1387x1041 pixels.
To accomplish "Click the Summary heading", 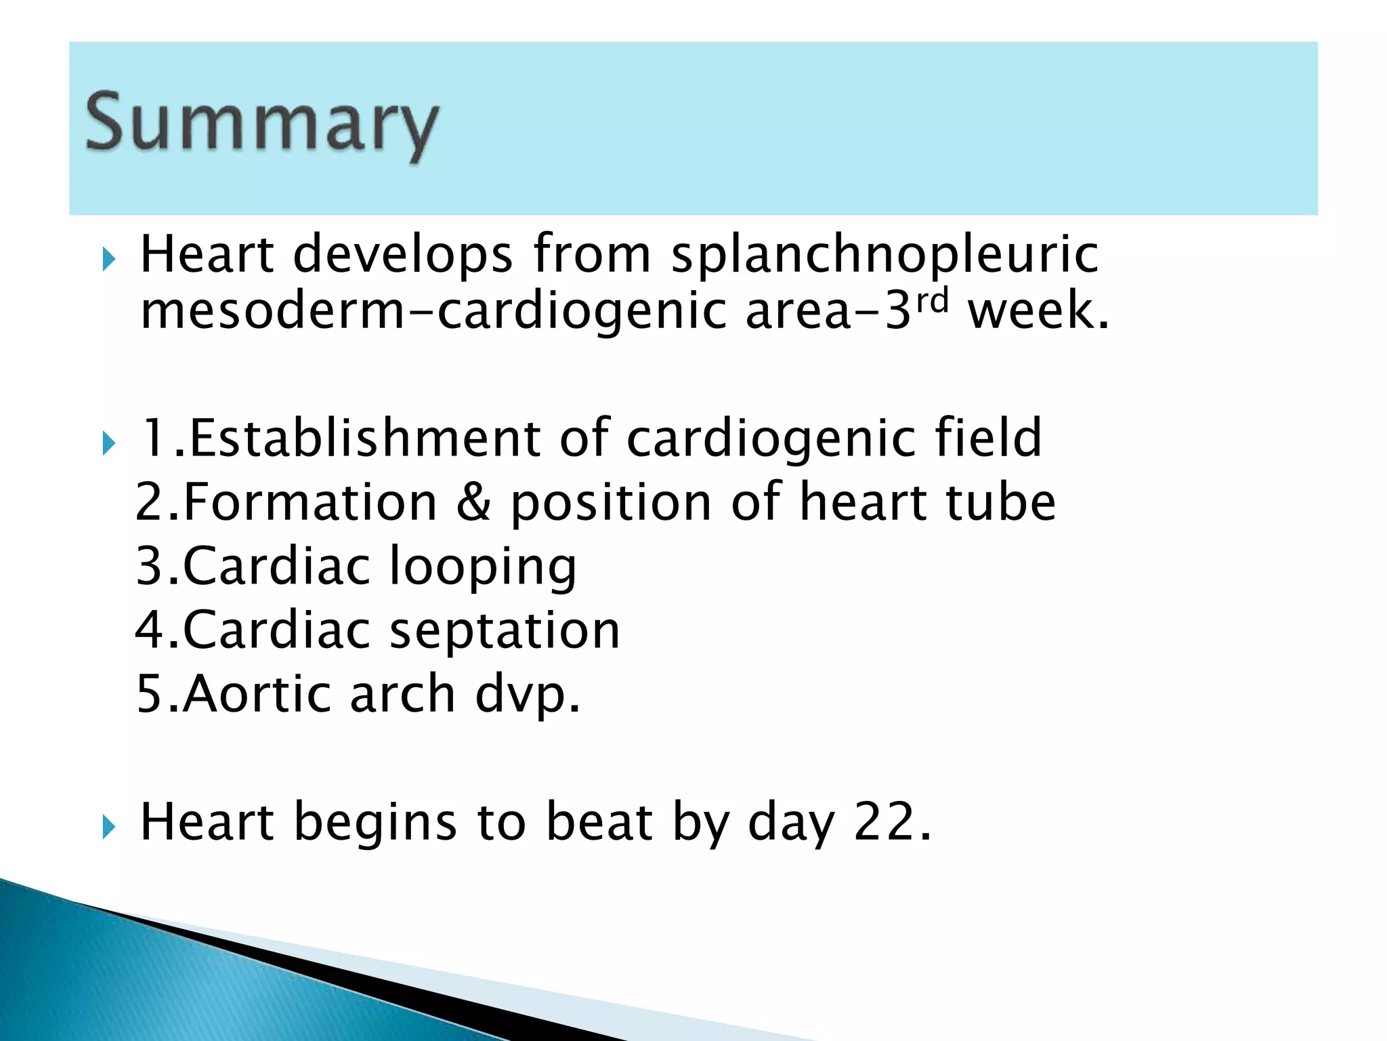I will coord(262,123).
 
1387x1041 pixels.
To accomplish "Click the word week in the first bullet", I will coord(1038,312).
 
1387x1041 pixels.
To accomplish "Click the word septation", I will coord(505,630).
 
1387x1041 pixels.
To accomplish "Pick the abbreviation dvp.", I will coord(527,694).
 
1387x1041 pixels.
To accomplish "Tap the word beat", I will coord(599,821).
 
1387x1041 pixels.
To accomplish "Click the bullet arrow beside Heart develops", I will coord(109,259).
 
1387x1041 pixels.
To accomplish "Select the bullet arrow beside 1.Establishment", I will coord(109,444).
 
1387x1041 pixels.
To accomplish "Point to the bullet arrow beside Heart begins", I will coord(109,827).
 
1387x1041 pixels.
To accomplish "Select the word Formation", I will coord(310,502).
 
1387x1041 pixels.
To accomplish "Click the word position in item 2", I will coord(610,502).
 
